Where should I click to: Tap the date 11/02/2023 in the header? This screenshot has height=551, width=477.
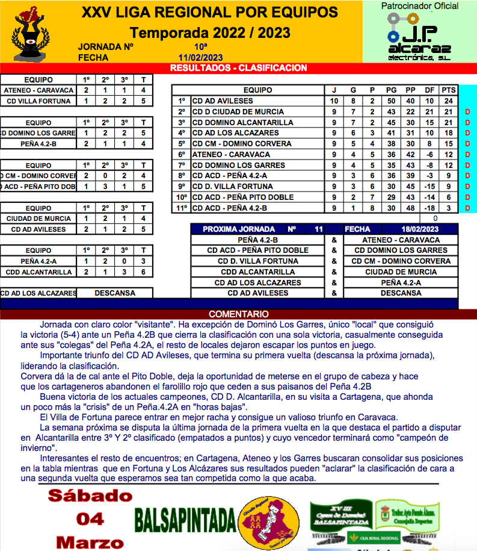coord(200,58)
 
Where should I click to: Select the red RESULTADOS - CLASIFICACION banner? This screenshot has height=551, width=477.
coord(239,68)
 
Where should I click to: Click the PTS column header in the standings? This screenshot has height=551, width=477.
coord(448,90)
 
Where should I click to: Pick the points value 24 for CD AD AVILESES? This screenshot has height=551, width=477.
coord(448,101)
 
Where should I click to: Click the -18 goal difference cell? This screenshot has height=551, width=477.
coord(429,208)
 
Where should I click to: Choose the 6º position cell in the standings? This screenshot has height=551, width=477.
coord(182,155)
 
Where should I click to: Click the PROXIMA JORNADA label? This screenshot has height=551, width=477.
coord(239,229)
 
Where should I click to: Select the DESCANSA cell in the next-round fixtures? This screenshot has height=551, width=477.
coord(401,293)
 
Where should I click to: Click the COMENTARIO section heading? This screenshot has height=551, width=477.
coord(239,314)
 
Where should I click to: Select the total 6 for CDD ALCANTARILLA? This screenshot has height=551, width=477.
coord(143,272)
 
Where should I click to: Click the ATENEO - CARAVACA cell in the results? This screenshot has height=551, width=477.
coord(38,90)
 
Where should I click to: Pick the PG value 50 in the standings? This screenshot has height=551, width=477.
coord(391,101)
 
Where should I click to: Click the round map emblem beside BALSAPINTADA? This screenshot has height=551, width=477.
coord(269,517)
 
